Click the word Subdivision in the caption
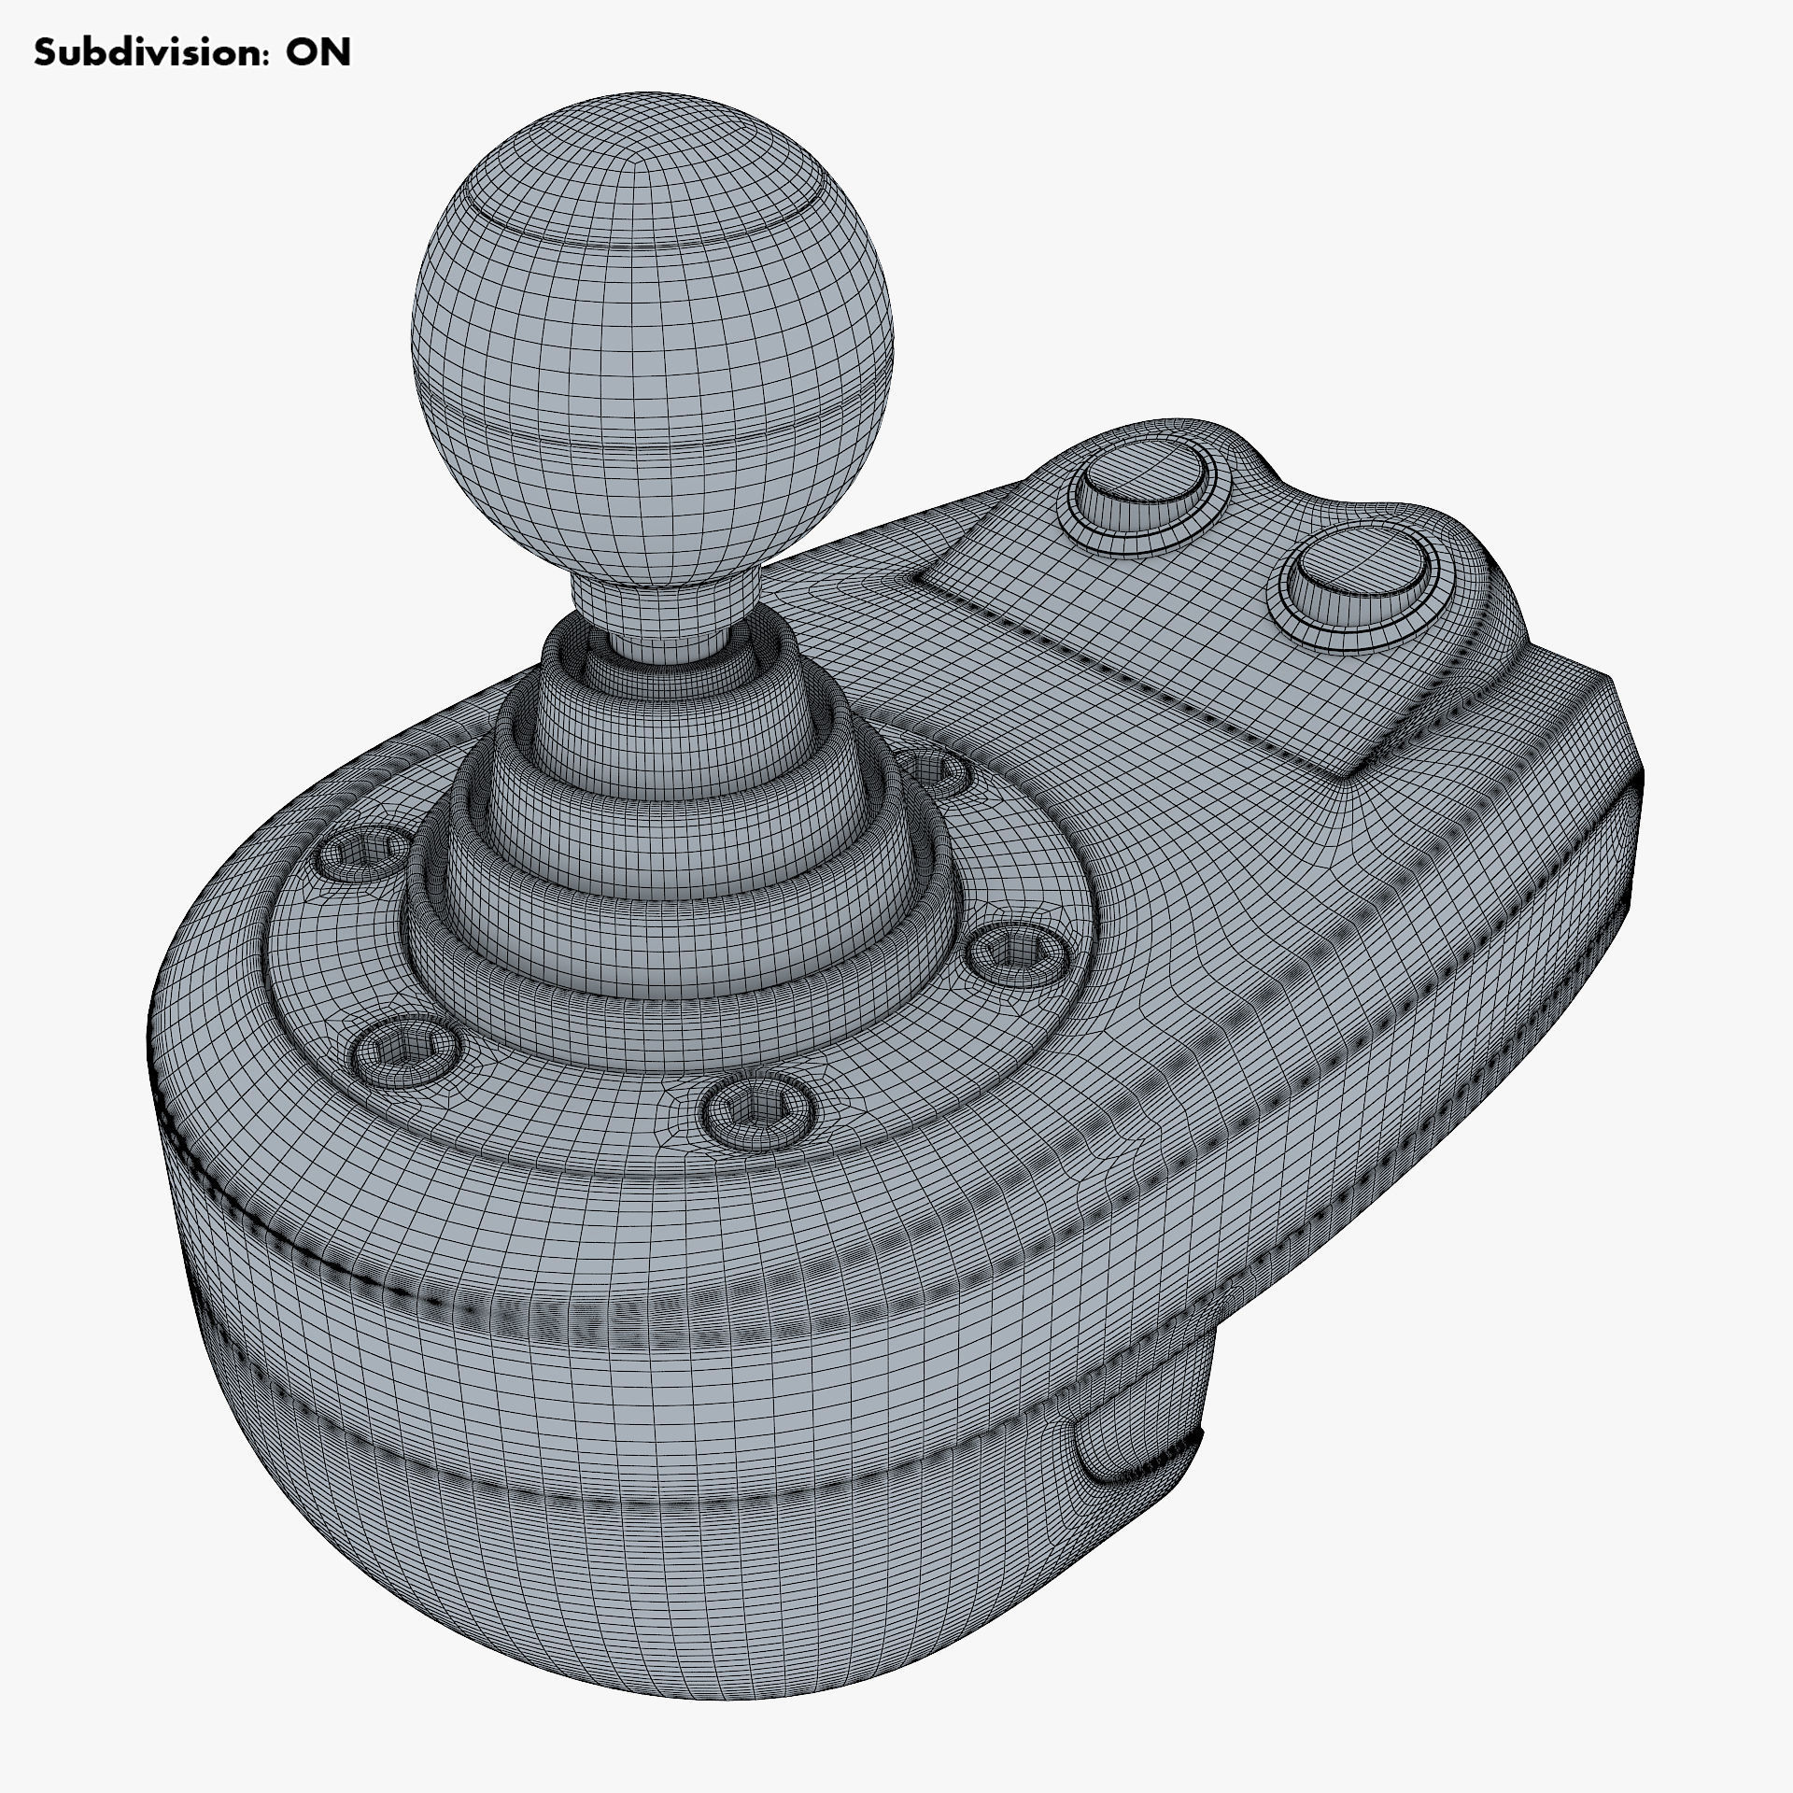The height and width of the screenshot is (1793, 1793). coord(140,53)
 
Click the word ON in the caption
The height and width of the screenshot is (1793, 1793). coord(318,53)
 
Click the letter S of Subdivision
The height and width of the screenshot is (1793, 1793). coord(44,53)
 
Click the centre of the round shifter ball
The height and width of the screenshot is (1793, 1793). coord(652,336)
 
